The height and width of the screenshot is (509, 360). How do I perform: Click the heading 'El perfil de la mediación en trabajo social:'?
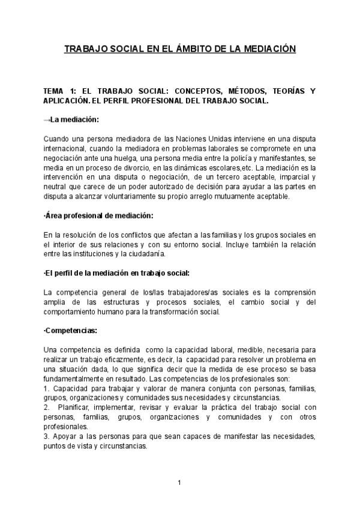(x=116, y=273)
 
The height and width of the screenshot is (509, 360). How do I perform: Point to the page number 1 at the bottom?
(x=179, y=482)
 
